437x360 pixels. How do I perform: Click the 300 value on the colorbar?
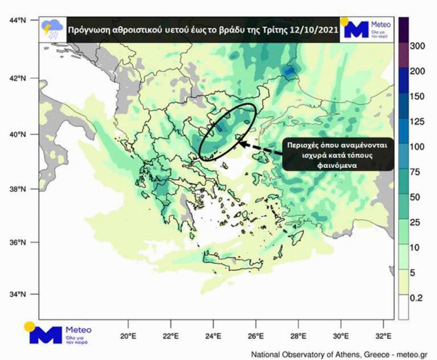tap(417, 46)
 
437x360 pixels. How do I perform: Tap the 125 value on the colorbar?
tap(417, 121)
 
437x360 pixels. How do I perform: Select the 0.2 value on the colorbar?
tap(417, 298)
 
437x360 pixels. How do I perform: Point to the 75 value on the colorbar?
tap(416, 172)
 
